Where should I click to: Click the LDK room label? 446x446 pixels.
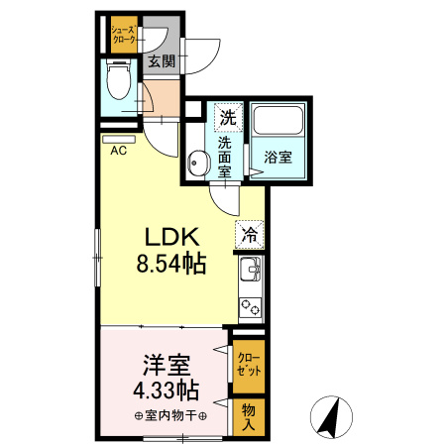click(x=174, y=239)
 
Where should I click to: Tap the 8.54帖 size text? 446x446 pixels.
click(x=171, y=265)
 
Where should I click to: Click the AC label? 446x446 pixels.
click(x=118, y=152)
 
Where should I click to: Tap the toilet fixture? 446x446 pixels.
click(x=117, y=79)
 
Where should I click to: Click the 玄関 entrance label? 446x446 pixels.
click(x=162, y=61)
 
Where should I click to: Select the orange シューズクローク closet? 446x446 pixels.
click(x=124, y=33)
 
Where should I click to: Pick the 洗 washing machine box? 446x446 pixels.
click(x=228, y=116)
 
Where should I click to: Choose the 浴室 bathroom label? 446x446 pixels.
click(x=278, y=156)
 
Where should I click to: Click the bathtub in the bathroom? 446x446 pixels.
click(x=279, y=122)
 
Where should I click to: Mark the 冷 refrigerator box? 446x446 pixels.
click(x=250, y=236)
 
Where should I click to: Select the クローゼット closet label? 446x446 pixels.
click(x=250, y=364)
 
